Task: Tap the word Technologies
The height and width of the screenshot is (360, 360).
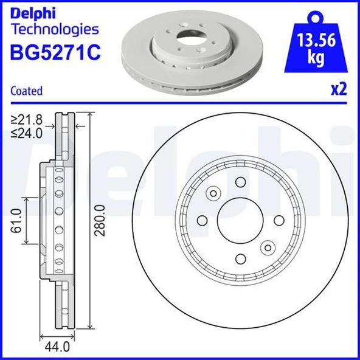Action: coord(55,29)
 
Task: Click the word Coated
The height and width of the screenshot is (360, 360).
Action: coord(27,91)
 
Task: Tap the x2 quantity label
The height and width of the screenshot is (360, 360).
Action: coord(338,89)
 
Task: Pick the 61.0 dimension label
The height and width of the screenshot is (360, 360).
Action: coord(18,220)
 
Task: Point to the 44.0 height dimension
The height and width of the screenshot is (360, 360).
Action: coord(56,348)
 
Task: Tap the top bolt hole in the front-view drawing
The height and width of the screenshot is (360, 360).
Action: coord(240,182)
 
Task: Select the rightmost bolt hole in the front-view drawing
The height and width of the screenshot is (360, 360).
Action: coord(279,220)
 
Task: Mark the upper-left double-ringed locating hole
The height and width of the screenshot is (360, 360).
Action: coord(213,193)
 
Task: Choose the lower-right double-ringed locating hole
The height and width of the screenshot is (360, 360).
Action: coord(267,247)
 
